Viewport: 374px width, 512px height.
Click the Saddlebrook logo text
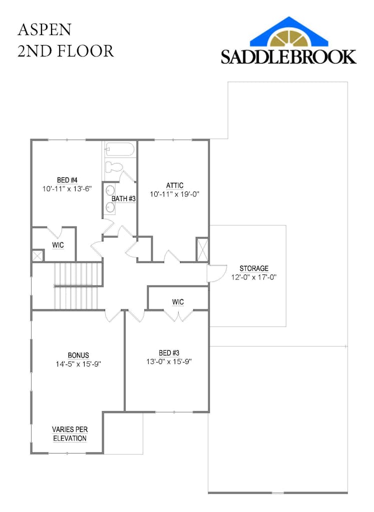[289, 56]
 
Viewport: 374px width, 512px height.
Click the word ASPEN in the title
[45, 30]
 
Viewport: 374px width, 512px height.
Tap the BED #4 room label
[67, 180]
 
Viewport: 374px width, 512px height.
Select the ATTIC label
[175, 185]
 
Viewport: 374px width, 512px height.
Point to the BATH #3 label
[124, 199]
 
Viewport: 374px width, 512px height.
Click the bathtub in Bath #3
[120, 149]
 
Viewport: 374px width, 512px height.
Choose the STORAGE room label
[254, 268]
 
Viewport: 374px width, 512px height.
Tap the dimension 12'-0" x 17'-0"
[254, 277]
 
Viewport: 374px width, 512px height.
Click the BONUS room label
[79, 355]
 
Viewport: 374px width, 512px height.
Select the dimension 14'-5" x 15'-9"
[79, 364]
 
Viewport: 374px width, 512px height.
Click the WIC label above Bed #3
[178, 302]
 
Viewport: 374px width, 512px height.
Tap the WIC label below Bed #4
[58, 245]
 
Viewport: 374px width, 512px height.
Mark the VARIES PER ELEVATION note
[70, 434]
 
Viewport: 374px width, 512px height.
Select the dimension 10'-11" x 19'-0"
[175, 194]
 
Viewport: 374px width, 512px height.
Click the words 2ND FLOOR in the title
[66, 50]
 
